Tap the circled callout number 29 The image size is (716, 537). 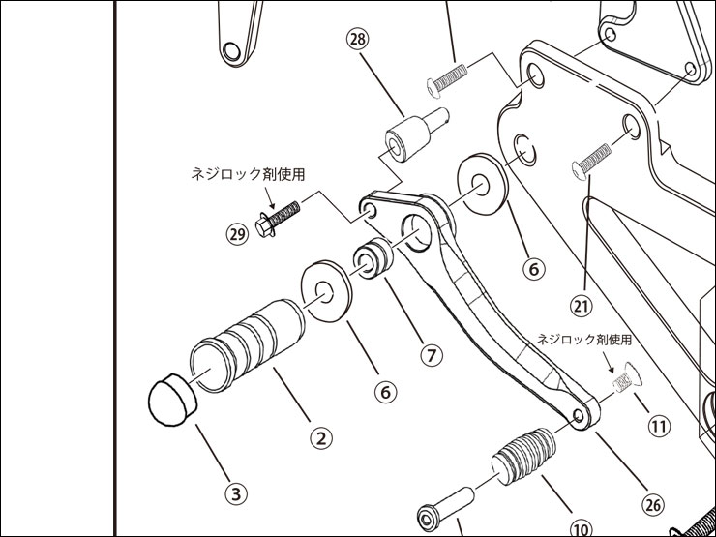pyautogui.click(x=238, y=233)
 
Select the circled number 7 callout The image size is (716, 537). pyautogui.click(x=433, y=354)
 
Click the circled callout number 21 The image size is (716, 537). pyautogui.click(x=581, y=307)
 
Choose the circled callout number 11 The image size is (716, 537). pyautogui.click(x=659, y=424)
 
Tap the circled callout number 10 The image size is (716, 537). pyautogui.click(x=582, y=529)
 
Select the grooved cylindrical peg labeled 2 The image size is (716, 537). pyautogui.click(x=247, y=343)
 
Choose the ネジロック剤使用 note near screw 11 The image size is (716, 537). pyautogui.click(x=584, y=341)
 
